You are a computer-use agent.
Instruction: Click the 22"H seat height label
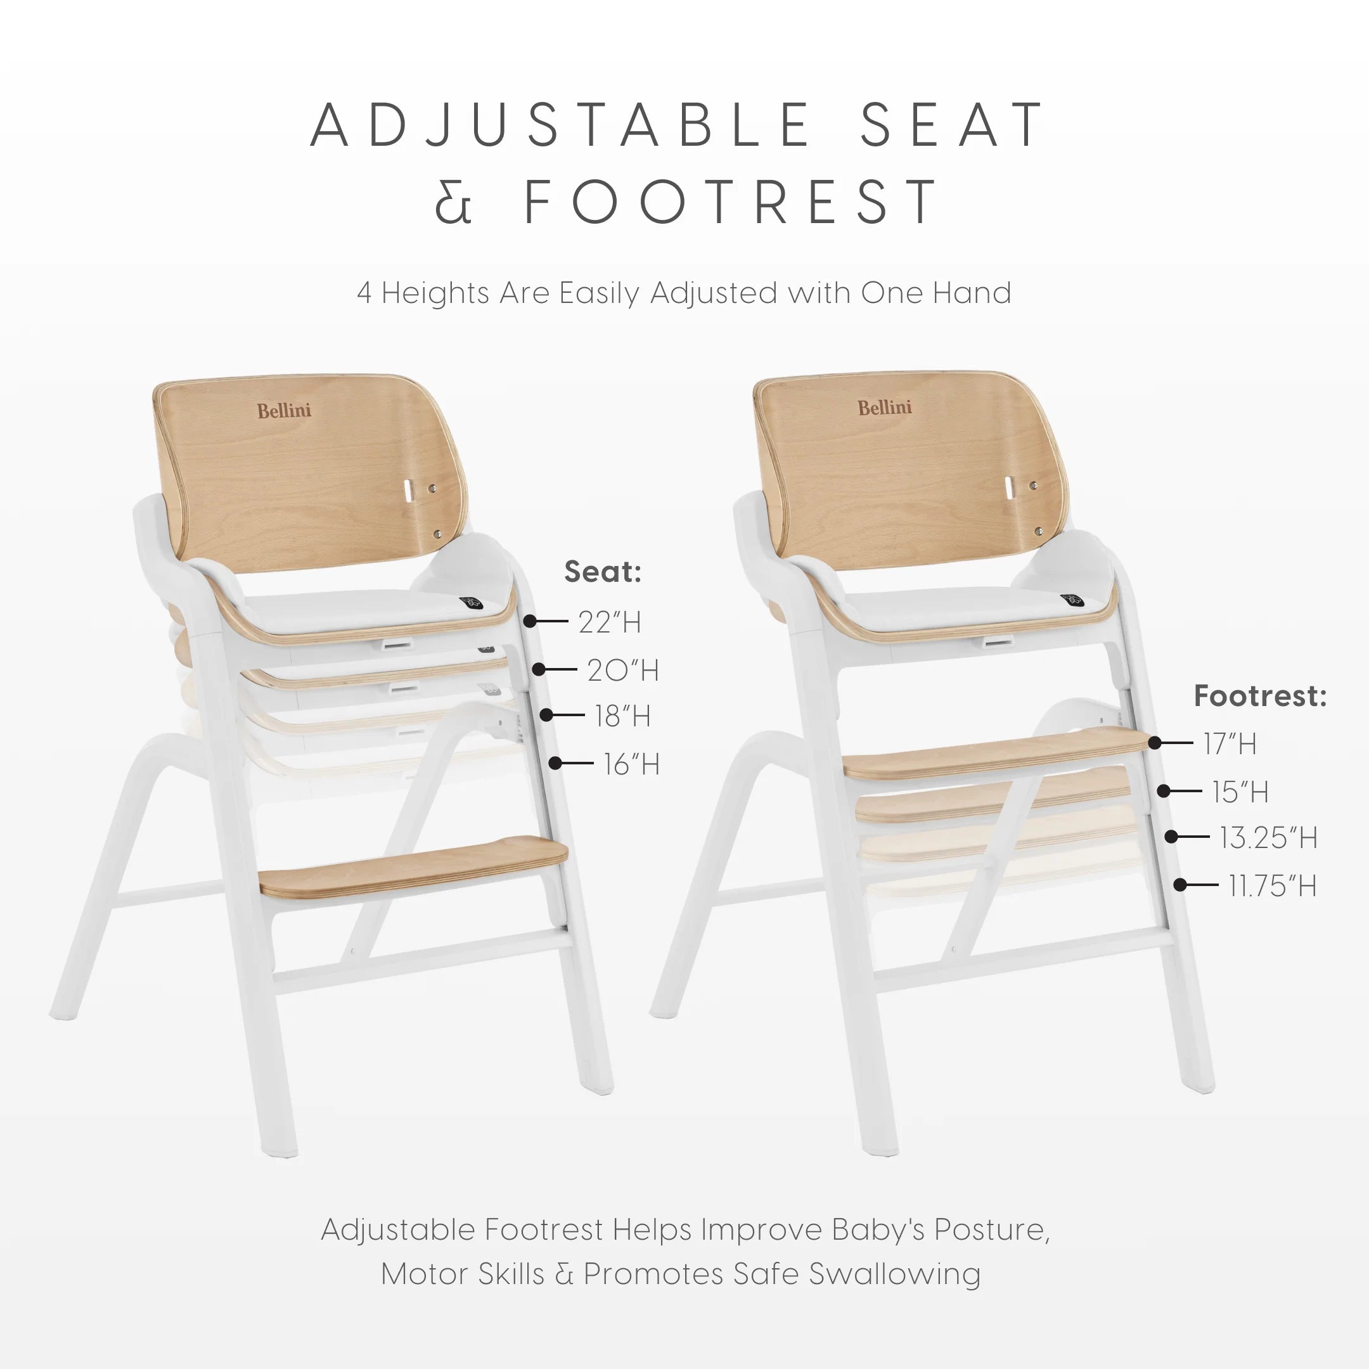coord(609,622)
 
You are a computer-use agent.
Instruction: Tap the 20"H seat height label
coord(623,670)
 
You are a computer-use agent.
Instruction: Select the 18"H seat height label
coord(623,716)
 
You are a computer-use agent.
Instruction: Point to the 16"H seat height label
coord(631,764)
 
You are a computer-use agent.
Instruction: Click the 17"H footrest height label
coord(1230,743)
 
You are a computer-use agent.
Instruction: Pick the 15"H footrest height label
coord(1240,792)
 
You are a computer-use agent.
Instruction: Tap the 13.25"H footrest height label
coord(1268,837)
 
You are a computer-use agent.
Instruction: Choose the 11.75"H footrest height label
coord(1272,885)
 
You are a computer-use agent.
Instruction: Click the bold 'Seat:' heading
coord(602,571)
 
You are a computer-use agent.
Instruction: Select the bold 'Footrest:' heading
coord(1260,695)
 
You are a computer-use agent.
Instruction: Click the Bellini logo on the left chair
coord(284,410)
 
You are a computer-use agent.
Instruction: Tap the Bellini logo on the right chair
coord(884,408)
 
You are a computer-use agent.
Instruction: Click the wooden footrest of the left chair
coord(414,866)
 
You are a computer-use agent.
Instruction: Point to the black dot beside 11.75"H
coord(1179,884)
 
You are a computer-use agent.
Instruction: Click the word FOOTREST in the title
coord(731,202)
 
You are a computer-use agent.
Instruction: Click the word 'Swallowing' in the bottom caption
coord(894,1273)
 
